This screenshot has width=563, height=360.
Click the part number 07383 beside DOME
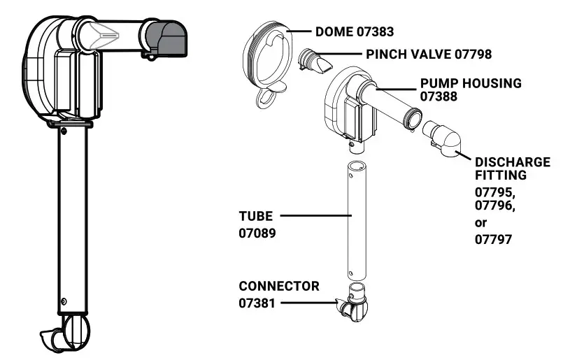click(x=375, y=32)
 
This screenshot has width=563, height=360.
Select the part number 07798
click(x=473, y=55)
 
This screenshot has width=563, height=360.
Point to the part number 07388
click(x=439, y=96)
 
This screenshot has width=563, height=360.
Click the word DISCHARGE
click(x=513, y=162)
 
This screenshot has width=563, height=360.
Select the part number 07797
click(x=493, y=239)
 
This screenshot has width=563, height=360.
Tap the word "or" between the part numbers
click(x=480, y=223)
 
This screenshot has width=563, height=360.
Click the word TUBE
click(x=256, y=216)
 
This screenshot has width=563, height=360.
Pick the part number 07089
click(x=257, y=233)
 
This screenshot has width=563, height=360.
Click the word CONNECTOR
click(x=279, y=286)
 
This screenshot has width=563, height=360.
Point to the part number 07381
click(x=257, y=303)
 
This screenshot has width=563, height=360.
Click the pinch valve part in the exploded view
click(x=315, y=61)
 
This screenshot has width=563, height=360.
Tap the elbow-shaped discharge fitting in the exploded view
click(x=442, y=138)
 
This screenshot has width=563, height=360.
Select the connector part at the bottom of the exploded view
click(x=352, y=302)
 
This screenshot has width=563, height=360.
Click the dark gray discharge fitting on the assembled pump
click(x=166, y=39)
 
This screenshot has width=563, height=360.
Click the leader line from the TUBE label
click(x=315, y=216)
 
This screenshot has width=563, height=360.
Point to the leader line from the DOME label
click(x=299, y=31)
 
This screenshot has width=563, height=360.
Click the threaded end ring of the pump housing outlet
click(x=412, y=117)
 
